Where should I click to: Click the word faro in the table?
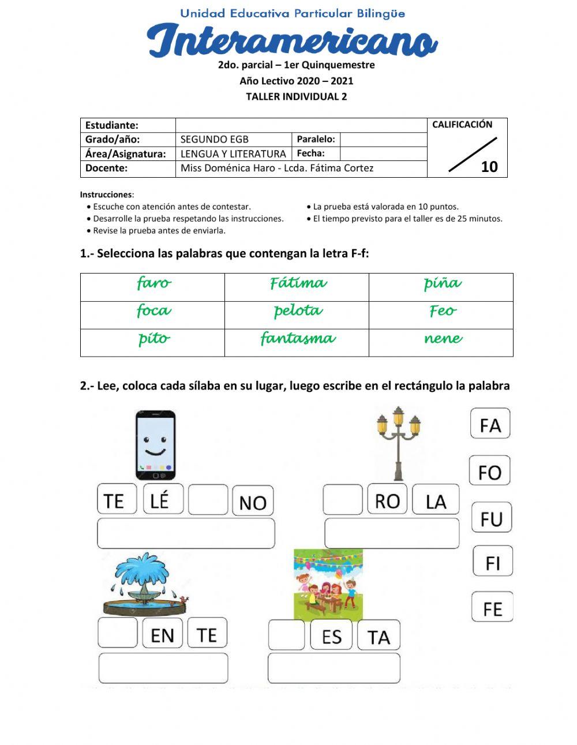pos(153,283)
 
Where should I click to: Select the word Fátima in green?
pos(298,283)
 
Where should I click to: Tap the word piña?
pos(442,283)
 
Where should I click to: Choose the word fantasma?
pos(298,338)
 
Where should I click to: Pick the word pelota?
pos(298,310)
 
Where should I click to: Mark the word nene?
pos(443,339)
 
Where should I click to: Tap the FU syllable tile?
pos(492,518)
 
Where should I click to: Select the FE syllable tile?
pos(492,608)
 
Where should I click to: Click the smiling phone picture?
pos(155,445)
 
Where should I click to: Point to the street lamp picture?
pos(398,443)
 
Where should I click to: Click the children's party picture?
pos(328,583)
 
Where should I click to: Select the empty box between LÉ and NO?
pos(208,500)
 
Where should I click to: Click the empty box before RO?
pos(343,500)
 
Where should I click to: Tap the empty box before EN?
pos(118,633)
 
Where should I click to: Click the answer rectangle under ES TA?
pos(334,668)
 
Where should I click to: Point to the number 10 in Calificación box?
pos(489,167)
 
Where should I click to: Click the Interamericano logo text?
pos(292,40)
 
